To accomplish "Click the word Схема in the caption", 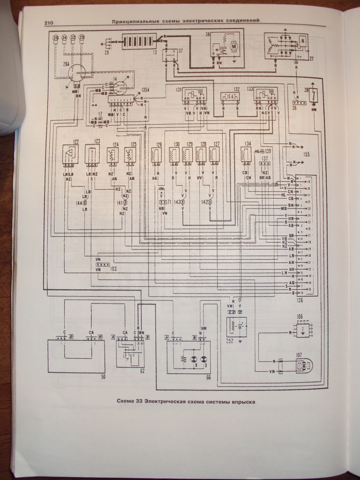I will pos(127,402).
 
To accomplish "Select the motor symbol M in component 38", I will pos(232,46).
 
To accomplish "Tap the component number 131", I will pos(178,88).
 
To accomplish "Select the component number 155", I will pos(307,153).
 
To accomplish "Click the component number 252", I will pos(229,341).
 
